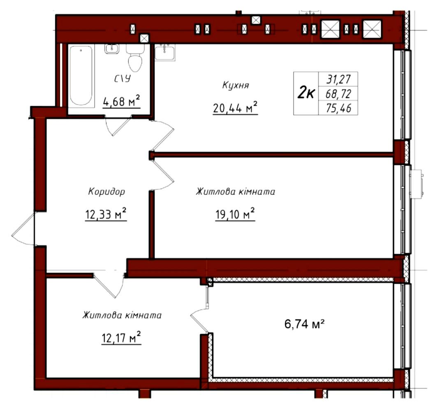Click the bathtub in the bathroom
(x=81, y=76)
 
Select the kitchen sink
(x=165, y=52)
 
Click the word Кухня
(x=236, y=85)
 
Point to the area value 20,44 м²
(x=235, y=108)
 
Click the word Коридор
(x=106, y=192)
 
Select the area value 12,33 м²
(x=106, y=214)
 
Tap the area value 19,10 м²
(x=235, y=214)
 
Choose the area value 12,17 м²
(x=121, y=338)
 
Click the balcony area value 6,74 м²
(x=304, y=324)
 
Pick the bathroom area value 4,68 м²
(x=121, y=101)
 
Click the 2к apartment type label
(x=306, y=93)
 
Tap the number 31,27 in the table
(x=338, y=79)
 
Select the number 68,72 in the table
(x=338, y=93)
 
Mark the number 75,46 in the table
(x=338, y=108)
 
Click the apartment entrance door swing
(x=23, y=229)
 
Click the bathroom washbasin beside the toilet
(x=111, y=49)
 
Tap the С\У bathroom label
(x=123, y=79)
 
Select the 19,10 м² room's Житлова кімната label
(x=235, y=192)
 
